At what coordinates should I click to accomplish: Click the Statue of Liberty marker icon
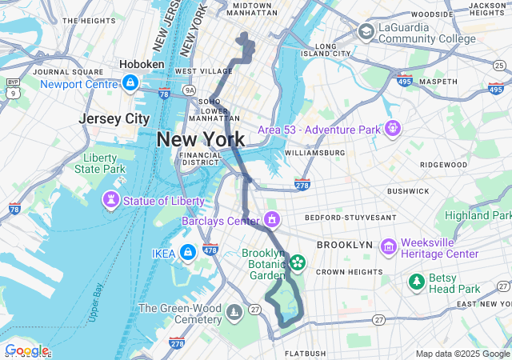pyautogui.click(x=109, y=198)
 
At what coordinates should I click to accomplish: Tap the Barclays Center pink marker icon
pyautogui.click(x=272, y=218)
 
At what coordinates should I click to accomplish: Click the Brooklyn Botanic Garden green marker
pyautogui.click(x=298, y=261)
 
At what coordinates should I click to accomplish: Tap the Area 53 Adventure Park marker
pyautogui.click(x=392, y=127)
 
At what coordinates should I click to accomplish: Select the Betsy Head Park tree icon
pyautogui.click(x=417, y=281)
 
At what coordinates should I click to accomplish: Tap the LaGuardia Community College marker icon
pyautogui.click(x=366, y=31)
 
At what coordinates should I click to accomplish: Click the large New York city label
pyautogui.click(x=200, y=139)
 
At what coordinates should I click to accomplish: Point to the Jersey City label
pyautogui.click(x=114, y=118)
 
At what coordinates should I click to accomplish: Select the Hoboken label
pyautogui.click(x=142, y=64)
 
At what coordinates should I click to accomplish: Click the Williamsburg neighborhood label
pyautogui.click(x=314, y=152)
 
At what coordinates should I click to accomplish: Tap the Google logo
pyautogui.click(x=26, y=350)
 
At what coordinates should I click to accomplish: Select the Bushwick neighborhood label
pyautogui.click(x=408, y=190)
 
